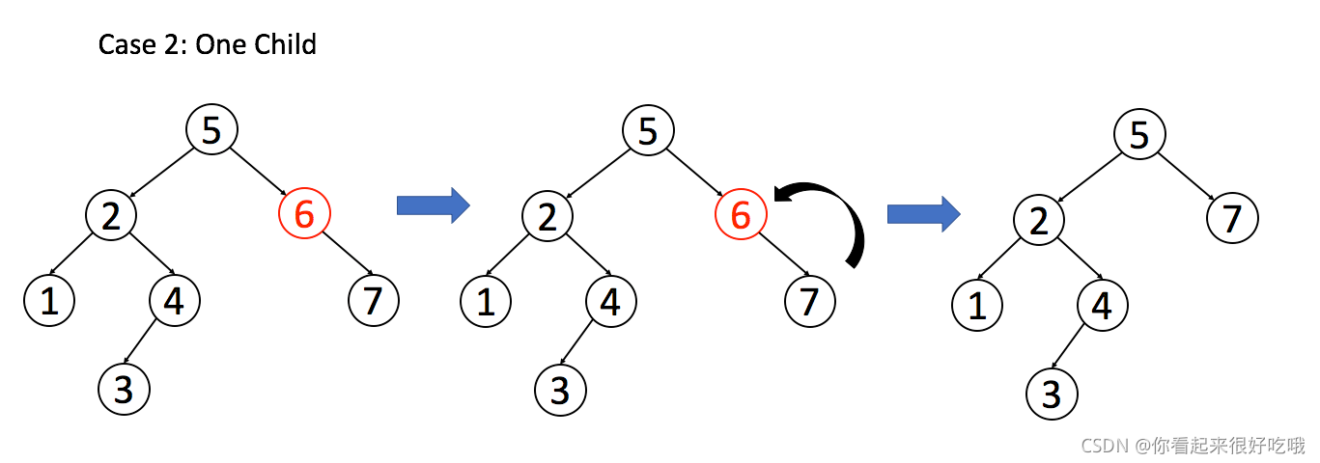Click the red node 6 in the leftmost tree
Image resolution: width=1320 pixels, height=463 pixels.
coord(304,214)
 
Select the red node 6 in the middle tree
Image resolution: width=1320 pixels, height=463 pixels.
coord(741,214)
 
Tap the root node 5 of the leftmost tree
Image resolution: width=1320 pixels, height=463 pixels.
coord(211,129)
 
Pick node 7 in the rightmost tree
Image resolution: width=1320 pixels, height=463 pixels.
coord(1232,219)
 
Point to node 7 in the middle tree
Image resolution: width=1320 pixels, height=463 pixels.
coord(809,301)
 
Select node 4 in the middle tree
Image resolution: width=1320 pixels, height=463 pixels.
coord(610,301)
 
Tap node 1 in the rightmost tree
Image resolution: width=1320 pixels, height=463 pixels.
coord(977,307)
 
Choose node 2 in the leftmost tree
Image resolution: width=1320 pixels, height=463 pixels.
coord(111,214)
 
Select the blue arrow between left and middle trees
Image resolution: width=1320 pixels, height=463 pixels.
coord(433,204)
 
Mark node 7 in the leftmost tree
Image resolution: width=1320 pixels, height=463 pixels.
coord(373,301)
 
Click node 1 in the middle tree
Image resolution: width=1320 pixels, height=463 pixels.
coord(486,301)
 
